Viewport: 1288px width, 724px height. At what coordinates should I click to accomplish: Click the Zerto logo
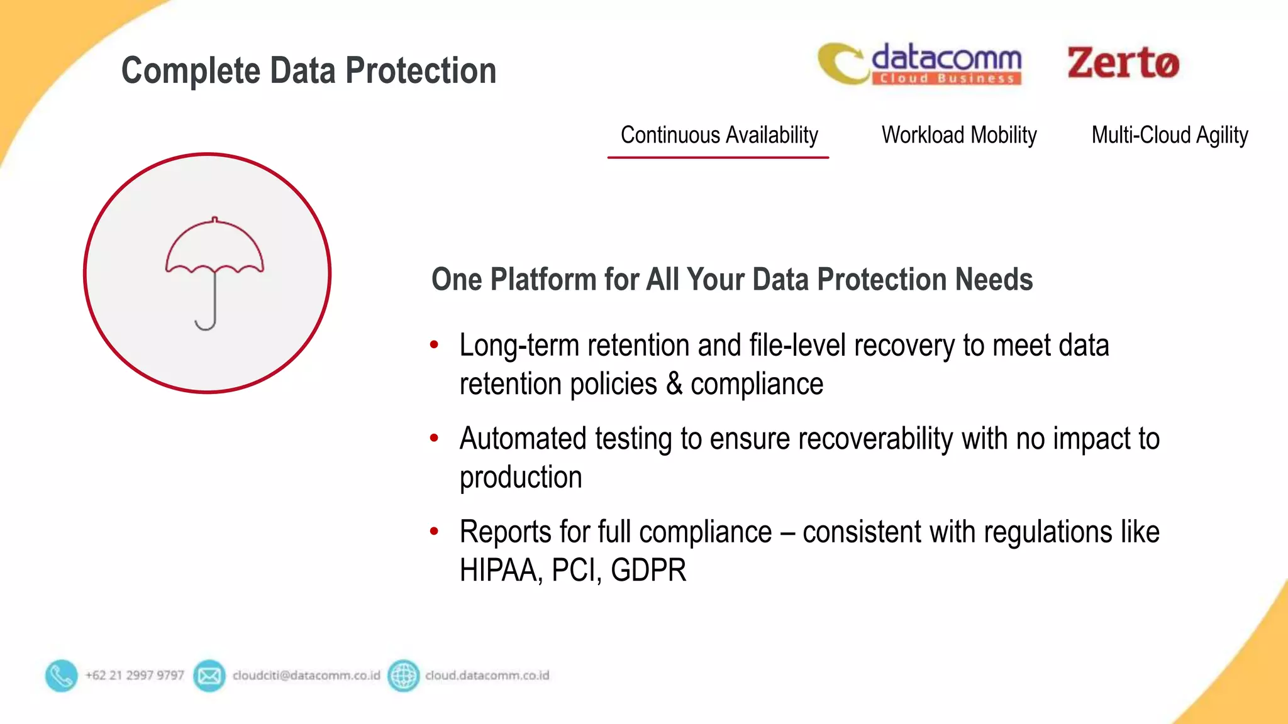click(1123, 63)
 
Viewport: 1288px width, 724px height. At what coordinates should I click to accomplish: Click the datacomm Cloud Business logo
click(920, 64)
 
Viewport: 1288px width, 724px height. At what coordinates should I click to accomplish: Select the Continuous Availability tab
click(719, 135)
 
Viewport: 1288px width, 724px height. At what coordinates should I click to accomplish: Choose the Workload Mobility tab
click(958, 135)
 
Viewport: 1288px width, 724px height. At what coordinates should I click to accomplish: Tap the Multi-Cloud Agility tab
click(1169, 135)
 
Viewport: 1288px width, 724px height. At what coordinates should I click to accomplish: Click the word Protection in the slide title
click(421, 70)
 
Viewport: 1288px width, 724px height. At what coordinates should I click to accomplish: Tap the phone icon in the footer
click(61, 676)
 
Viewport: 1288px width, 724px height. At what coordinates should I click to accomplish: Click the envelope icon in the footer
click(209, 676)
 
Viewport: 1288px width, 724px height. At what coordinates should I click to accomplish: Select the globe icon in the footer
click(403, 676)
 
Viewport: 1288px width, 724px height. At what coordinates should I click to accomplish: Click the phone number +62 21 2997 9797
click(135, 676)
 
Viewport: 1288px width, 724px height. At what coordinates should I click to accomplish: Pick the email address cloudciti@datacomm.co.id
click(306, 676)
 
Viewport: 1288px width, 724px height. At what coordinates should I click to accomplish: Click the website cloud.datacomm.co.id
click(487, 676)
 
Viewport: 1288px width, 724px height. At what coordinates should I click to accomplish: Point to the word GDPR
click(648, 570)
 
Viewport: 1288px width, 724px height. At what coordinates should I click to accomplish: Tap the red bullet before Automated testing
click(434, 438)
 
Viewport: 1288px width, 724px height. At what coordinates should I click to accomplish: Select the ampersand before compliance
click(674, 384)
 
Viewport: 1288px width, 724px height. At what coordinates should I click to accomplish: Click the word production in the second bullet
click(521, 478)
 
